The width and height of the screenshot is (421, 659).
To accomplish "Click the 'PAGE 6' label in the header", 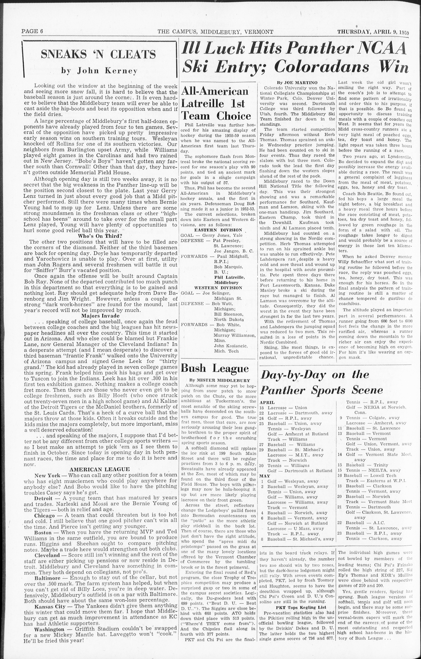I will [x=32, y=31].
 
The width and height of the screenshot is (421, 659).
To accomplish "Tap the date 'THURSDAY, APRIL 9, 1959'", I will [x=373, y=31].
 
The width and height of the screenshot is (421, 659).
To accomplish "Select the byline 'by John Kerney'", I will [x=99, y=71].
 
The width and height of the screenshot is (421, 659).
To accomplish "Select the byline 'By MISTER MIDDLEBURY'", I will [x=220, y=380].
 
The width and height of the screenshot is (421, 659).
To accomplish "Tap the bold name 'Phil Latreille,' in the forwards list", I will [x=229, y=277].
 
